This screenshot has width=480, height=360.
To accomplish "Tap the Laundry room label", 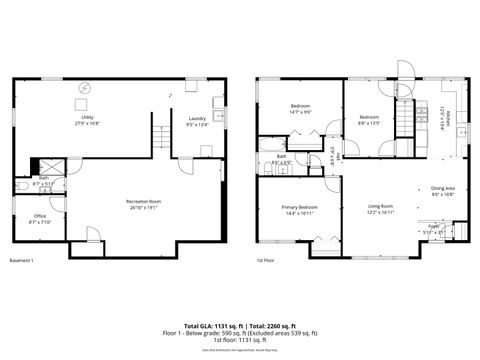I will coord(197,122).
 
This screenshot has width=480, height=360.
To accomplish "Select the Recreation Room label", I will coord(145,204).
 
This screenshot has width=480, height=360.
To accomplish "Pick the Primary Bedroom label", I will coord(299,211).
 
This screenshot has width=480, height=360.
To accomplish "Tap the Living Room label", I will coord(380,209).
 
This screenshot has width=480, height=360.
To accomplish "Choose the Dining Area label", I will coord(443,192).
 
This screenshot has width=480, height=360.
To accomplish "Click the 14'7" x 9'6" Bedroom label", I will coord(299,108).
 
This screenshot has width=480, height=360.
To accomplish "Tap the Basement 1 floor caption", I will coord(22,262).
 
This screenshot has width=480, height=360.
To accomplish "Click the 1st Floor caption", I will coord(265,262).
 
